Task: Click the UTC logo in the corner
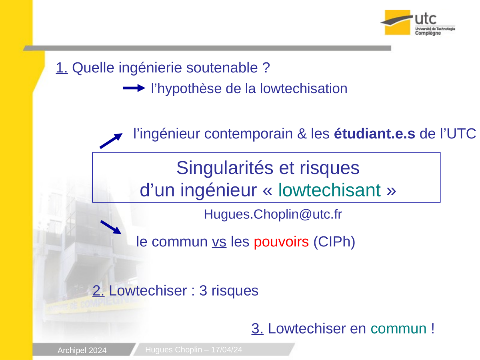[x=418, y=22]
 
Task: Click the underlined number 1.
[x=62, y=68]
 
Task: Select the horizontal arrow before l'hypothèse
[x=134, y=88]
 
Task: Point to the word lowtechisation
[x=304, y=88]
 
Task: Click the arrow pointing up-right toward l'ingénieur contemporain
[x=111, y=141]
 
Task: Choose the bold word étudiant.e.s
[x=374, y=134]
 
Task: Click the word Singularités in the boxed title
[x=225, y=168]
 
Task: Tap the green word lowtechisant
[x=329, y=190]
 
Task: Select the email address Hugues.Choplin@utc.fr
[x=273, y=214]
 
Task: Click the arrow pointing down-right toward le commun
[x=111, y=227]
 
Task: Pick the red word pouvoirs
[x=281, y=242]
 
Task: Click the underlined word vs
[x=219, y=242]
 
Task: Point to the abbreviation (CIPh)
[x=334, y=242]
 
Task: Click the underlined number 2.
[x=98, y=291]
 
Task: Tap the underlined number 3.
[x=257, y=328]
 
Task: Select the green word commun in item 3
[x=398, y=328]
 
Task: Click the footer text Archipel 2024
[x=82, y=350]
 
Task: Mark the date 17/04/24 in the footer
[x=226, y=350]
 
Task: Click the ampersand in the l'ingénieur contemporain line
[x=302, y=134]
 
